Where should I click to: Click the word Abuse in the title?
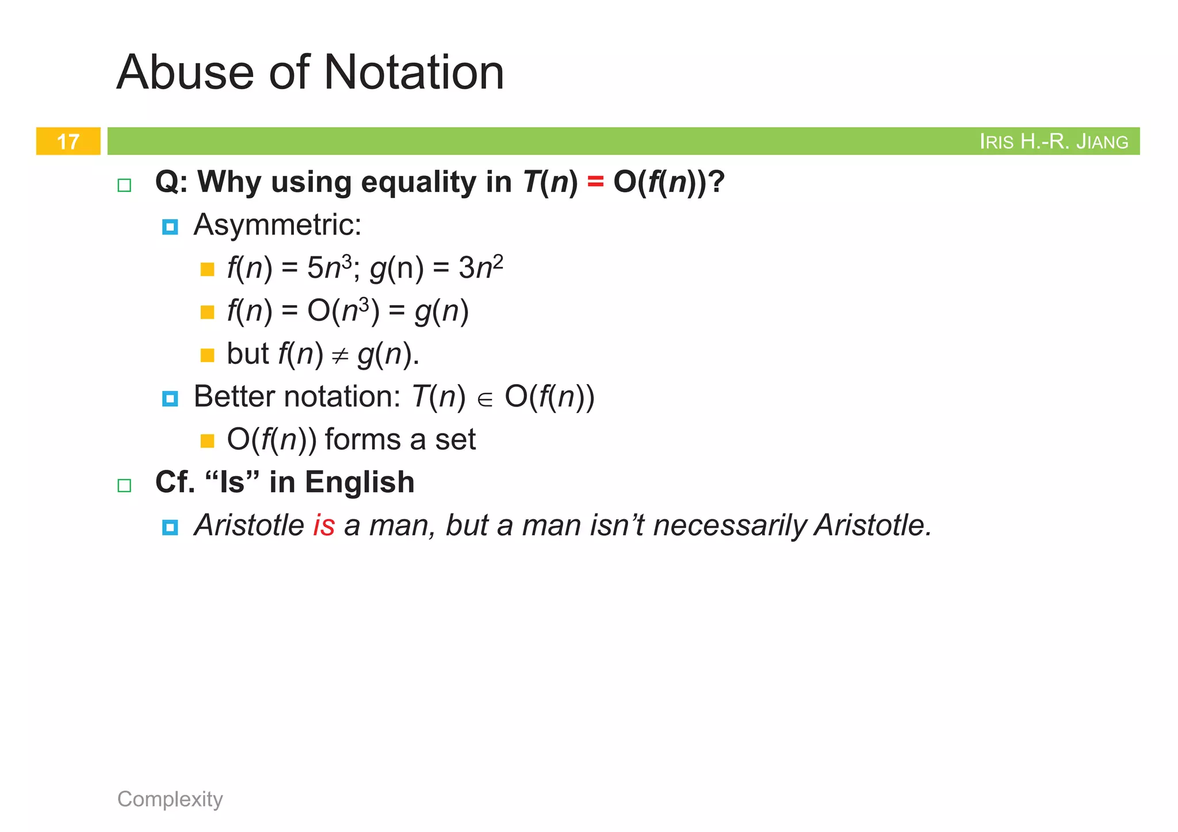[185, 72]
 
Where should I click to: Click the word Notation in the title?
[414, 72]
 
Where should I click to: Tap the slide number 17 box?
[68, 141]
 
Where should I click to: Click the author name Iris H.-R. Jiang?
[1053, 141]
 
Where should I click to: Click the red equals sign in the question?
[595, 182]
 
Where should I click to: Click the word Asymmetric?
[277, 225]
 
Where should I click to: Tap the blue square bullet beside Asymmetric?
[170, 227]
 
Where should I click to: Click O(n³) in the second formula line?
[343, 311]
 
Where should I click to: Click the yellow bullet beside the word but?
[207, 355]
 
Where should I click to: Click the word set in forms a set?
[455, 440]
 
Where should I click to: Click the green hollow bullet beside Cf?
[124, 485]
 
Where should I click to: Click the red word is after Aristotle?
[324, 526]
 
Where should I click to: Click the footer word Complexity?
[170, 799]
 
